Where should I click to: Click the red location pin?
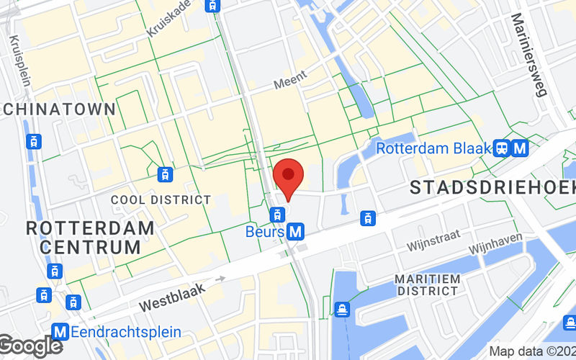[289, 176]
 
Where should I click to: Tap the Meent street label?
[290, 78]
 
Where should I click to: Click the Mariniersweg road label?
[529, 54]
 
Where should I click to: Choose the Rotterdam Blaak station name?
[433, 149]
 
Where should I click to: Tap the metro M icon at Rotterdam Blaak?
[520, 149]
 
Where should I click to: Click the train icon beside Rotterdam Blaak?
[502, 149]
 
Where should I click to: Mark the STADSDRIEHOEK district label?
[492, 188]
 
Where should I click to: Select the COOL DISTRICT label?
[161, 199]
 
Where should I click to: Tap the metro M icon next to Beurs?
[294, 232]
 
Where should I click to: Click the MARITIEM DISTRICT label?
[427, 284]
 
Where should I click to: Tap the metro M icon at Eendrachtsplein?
[61, 332]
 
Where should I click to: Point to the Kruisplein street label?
[19, 61]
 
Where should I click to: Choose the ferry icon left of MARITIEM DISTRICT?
[342, 309]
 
